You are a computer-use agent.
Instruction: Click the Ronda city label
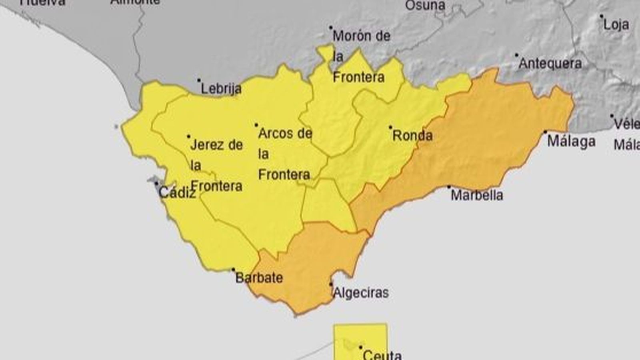[412, 136]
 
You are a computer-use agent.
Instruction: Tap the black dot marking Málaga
[545, 132]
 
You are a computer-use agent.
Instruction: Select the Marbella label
[476, 195]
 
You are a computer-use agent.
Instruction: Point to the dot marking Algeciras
[331, 284]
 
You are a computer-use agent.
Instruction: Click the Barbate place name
[259, 278]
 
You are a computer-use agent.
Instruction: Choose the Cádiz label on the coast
[177, 193]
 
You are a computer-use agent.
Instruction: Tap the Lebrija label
[221, 89]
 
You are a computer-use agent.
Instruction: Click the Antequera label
[550, 64]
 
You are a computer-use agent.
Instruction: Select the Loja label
[616, 25]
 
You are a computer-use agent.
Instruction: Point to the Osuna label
[425, 6]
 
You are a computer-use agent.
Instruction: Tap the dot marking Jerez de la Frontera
[189, 136]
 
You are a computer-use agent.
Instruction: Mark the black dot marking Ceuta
[360, 347]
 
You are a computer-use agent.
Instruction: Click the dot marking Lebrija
[199, 80]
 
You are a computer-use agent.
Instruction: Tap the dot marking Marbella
[449, 186]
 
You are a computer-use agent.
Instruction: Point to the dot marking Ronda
[390, 127]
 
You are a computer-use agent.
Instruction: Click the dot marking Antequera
[516, 55]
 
